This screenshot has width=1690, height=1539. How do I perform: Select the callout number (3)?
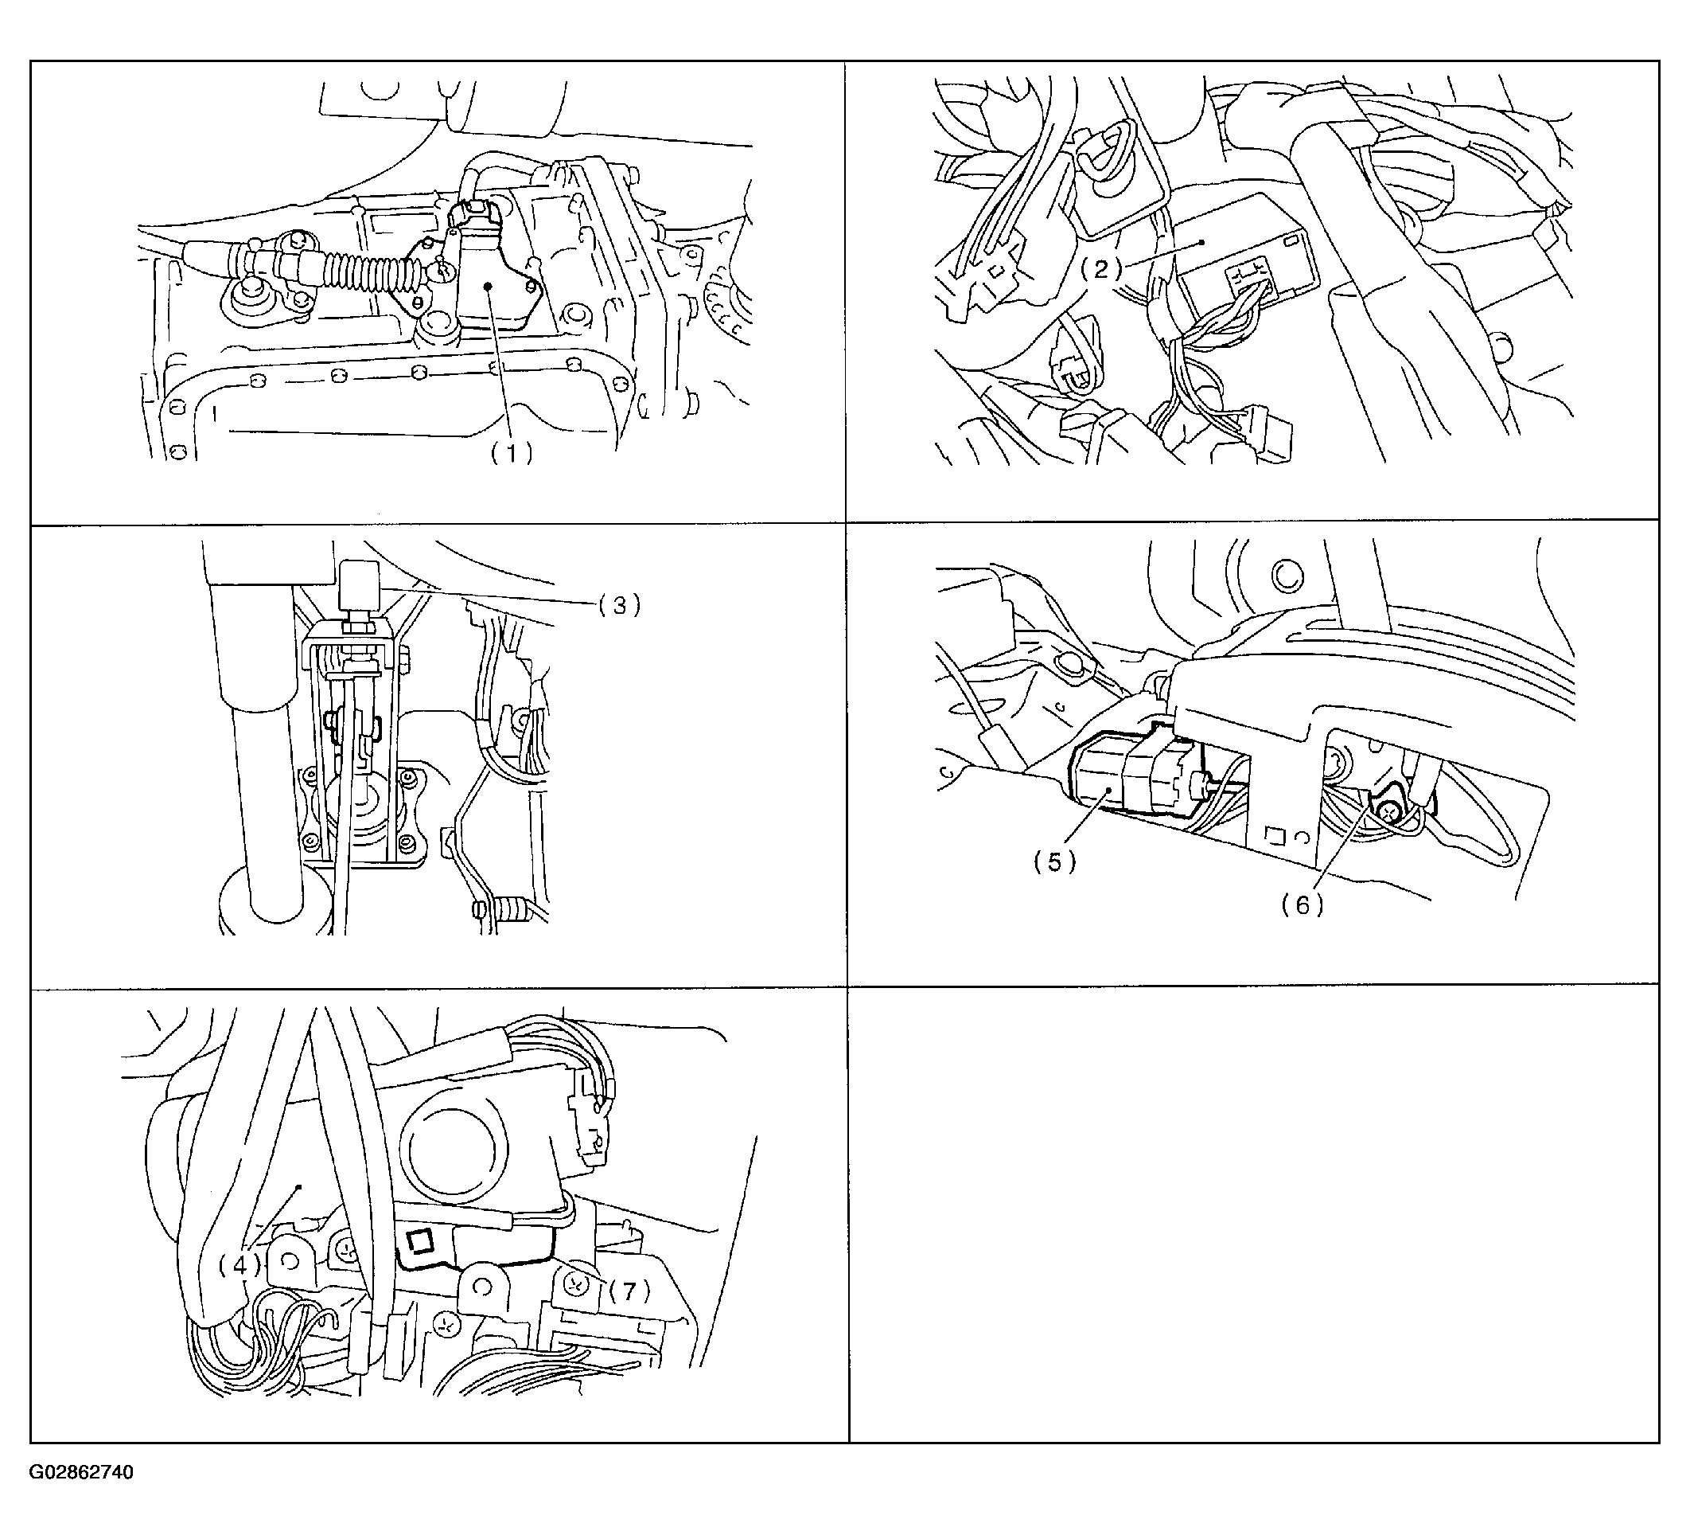point(620,605)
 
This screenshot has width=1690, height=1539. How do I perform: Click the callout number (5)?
point(1054,862)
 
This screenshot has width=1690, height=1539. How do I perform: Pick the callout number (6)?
point(1303,904)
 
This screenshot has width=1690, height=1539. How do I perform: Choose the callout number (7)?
point(629,1291)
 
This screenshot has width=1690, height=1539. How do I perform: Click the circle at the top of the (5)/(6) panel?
point(1288,576)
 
